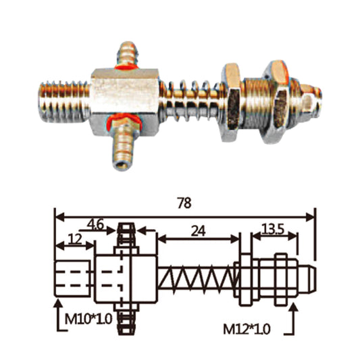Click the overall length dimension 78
184,203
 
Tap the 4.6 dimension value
95,225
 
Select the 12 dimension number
75,240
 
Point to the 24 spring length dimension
198,231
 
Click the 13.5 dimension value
272,230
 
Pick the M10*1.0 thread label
88,319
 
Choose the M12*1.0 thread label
247,330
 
